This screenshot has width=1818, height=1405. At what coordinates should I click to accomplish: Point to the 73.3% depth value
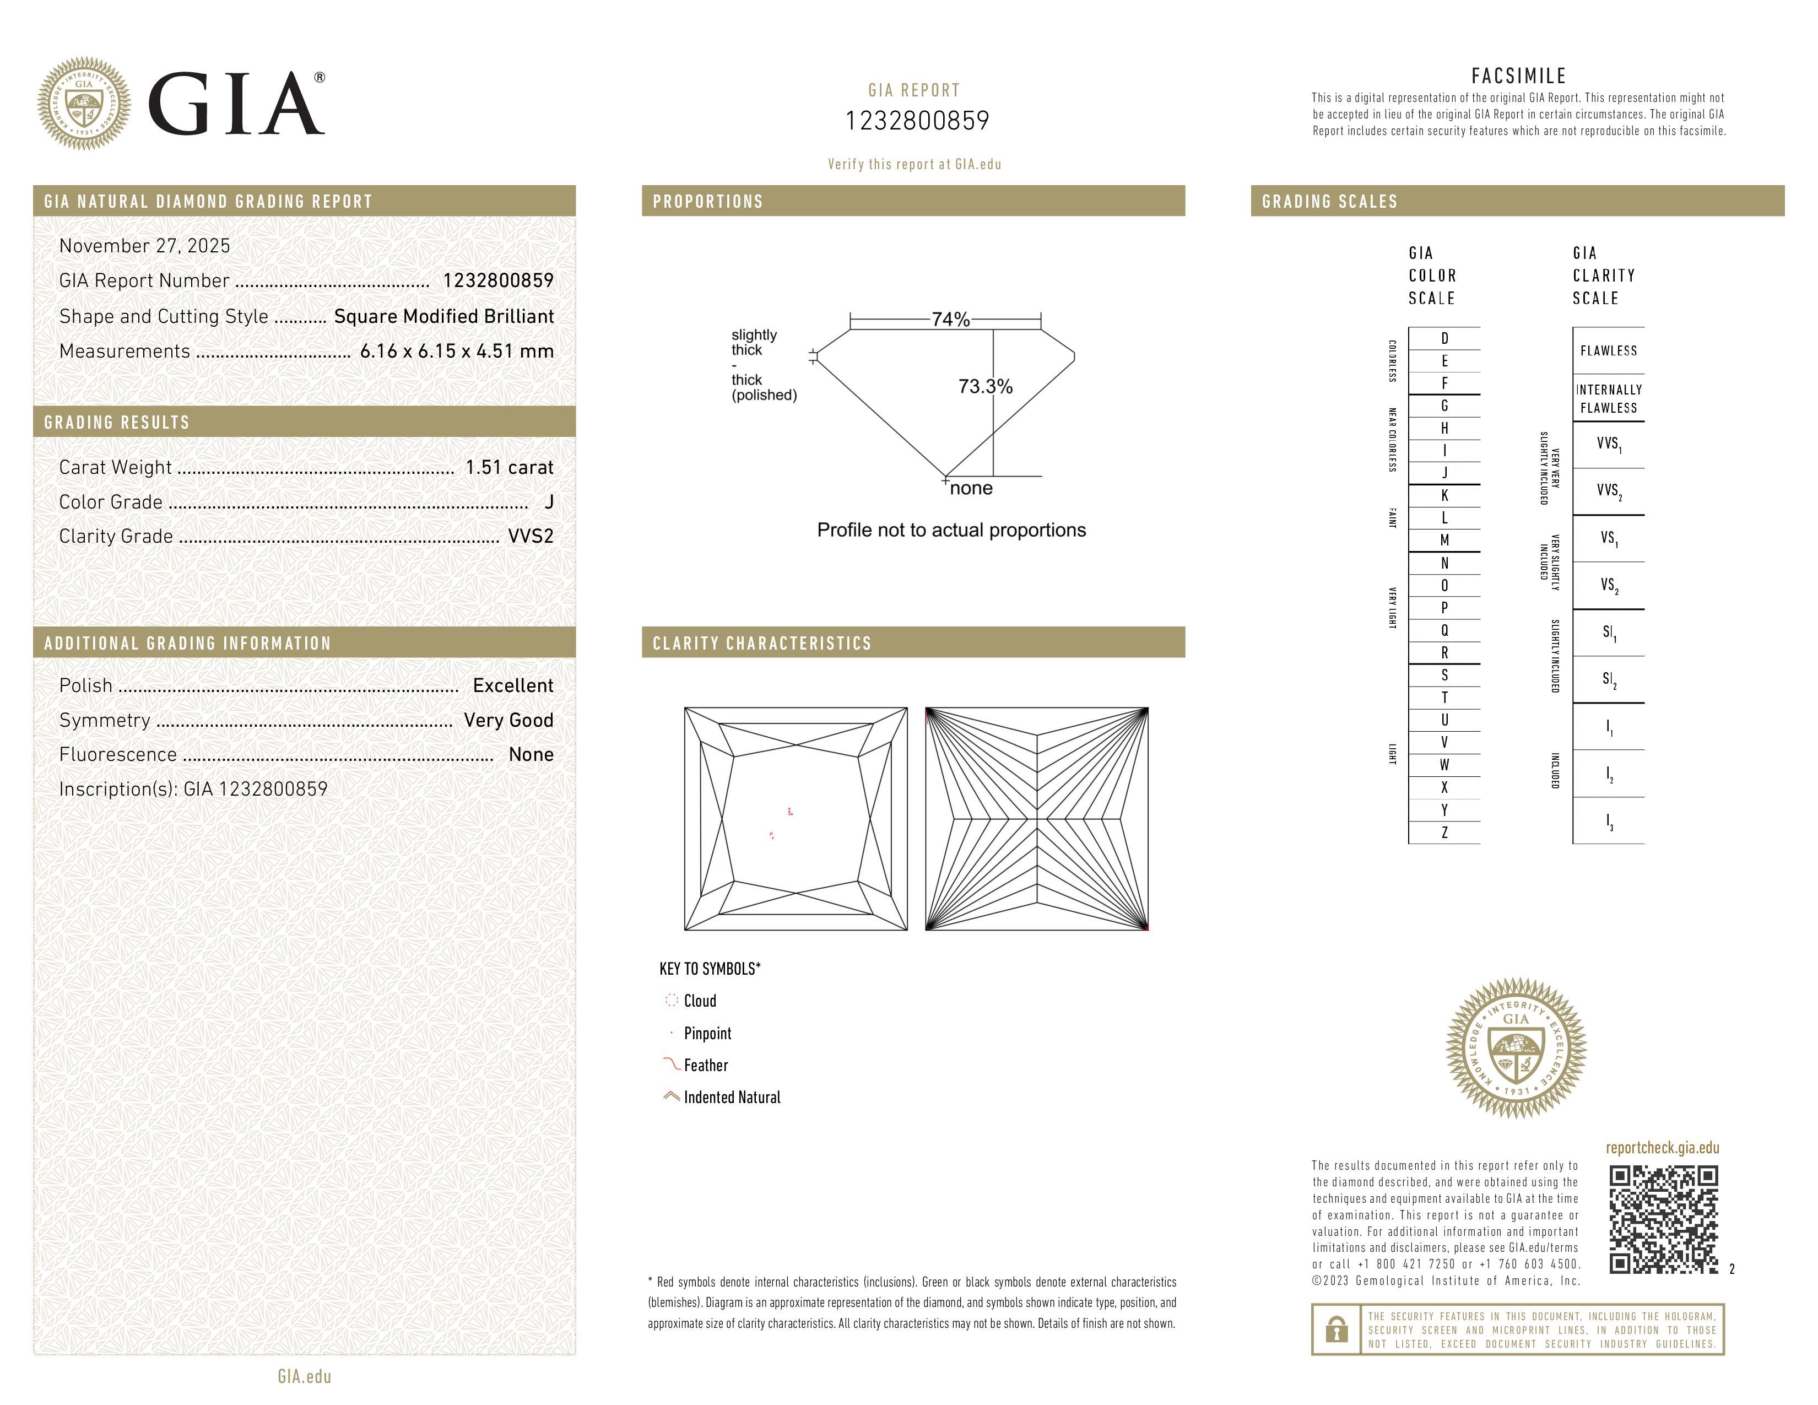pyautogui.click(x=985, y=386)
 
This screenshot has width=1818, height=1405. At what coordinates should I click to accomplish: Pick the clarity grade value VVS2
pyautogui.click(x=530, y=537)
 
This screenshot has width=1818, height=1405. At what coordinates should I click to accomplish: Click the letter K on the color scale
pyautogui.click(x=1444, y=495)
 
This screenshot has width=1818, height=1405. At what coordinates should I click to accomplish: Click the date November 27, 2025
pyautogui.click(x=145, y=246)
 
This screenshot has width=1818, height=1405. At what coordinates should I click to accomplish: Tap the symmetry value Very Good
pyautogui.click(x=508, y=721)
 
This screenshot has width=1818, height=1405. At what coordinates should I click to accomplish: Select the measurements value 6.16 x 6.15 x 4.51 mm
pyautogui.click(x=456, y=352)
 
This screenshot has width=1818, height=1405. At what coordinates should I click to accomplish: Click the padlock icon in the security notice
pyautogui.click(x=1336, y=1330)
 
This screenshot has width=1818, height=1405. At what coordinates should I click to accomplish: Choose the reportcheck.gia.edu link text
pyautogui.click(x=1662, y=1148)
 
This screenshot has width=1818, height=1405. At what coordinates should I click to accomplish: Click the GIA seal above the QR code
pyautogui.click(x=1516, y=1047)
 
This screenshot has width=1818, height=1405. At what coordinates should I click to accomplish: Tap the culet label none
pyautogui.click(x=971, y=489)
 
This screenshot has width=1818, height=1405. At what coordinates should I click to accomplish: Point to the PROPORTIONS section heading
pyautogui.click(x=707, y=202)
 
